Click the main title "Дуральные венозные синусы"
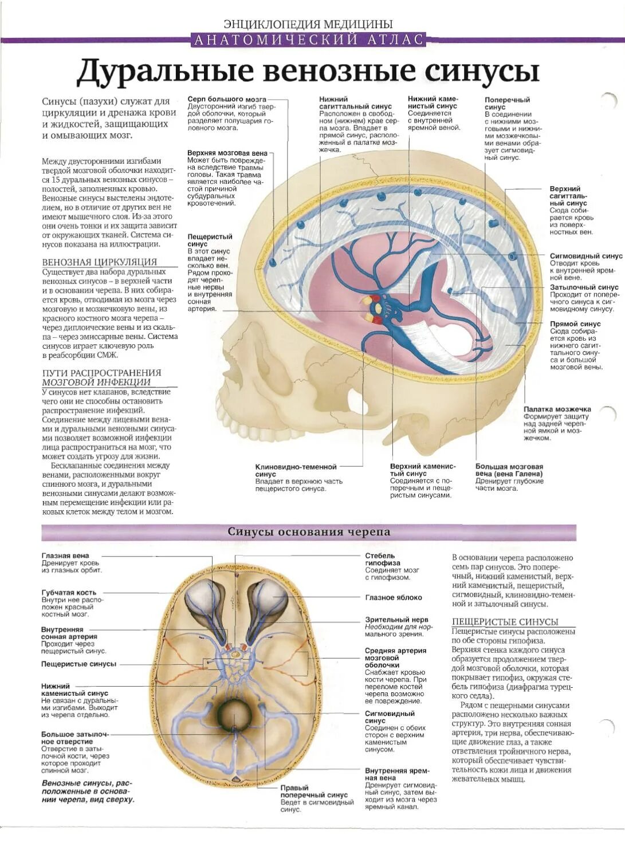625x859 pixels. coord(308,71)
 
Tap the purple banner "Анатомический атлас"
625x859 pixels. coord(309,40)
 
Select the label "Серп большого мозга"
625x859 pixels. coord(227,99)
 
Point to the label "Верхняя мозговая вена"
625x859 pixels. coord(227,153)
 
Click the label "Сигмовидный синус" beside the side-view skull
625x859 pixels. coord(585,256)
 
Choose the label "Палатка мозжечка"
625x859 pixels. coord(557,409)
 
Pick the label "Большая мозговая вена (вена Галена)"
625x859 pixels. coord(509,470)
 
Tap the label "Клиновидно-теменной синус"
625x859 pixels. coord(296,470)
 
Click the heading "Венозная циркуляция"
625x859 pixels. coord(99,262)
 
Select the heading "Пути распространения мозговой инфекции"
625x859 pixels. coord(101,377)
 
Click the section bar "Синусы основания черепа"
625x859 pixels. coord(309,531)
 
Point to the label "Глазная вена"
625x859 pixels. coord(65,555)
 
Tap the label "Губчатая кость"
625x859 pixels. coord(69,592)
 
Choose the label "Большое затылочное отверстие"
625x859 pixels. coord(74,738)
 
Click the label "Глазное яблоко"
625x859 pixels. coord(393,597)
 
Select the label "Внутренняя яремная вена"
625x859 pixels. coord(396,774)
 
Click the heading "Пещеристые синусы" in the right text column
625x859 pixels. coord(504,621)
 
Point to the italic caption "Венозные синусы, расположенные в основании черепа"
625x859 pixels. coord(88,791)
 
